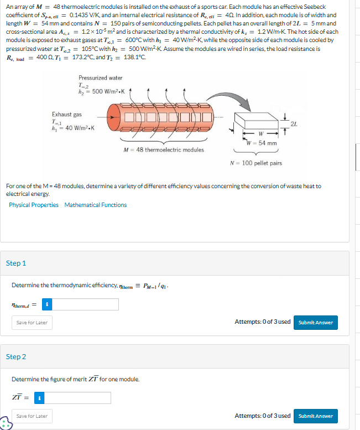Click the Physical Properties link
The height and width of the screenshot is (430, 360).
34,205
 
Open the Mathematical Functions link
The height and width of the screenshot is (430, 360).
96,205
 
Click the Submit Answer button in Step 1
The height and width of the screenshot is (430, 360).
316,323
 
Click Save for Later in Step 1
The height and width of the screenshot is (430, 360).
32,323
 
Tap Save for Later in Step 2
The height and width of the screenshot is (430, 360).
32,416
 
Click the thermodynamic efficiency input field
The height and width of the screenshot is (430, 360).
85,304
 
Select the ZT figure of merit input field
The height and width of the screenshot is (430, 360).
77,398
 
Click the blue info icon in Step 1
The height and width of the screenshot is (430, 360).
47,304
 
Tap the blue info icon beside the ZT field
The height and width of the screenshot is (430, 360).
39,398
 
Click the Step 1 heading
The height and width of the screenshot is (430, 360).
16,263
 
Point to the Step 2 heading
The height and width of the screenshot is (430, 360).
16,357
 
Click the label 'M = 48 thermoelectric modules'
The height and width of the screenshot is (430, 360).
164,150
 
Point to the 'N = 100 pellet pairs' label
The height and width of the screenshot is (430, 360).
256,163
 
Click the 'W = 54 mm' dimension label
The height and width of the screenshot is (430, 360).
262,143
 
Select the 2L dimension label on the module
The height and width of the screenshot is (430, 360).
294,124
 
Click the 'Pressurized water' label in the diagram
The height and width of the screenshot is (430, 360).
101,78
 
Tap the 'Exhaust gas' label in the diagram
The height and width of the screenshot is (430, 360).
67,115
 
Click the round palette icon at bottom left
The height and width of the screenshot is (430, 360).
6,423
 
